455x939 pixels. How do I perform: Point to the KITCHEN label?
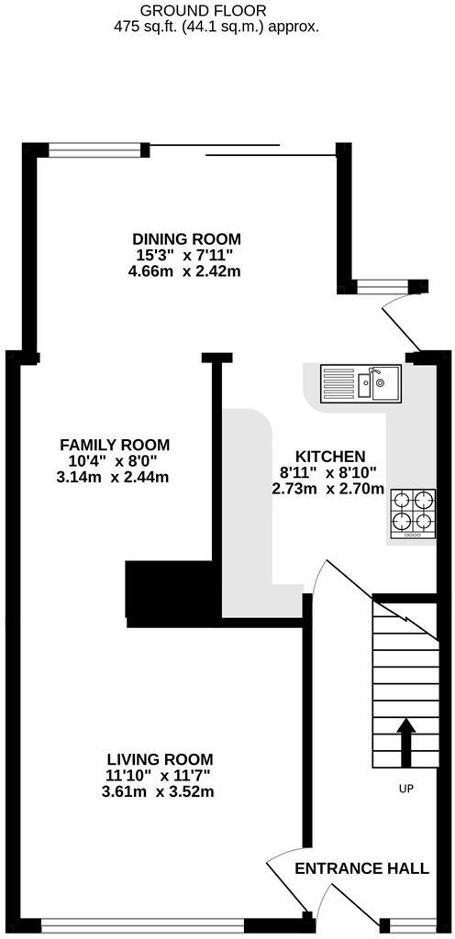(330, 456)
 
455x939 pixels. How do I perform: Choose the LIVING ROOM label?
(160, 759)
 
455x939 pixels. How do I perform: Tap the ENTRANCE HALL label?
(361, 868)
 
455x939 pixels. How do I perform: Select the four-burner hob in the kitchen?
(412, 514)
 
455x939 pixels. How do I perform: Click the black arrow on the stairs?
(405, 741)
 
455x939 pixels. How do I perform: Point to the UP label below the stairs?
(405, 789)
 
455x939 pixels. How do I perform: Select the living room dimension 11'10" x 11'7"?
(160, 776)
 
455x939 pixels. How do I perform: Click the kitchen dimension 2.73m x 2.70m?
(327, 489)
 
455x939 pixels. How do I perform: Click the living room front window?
(142, 924)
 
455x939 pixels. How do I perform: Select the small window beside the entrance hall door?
(406, 924)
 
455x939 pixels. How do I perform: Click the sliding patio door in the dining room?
(242, 149)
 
